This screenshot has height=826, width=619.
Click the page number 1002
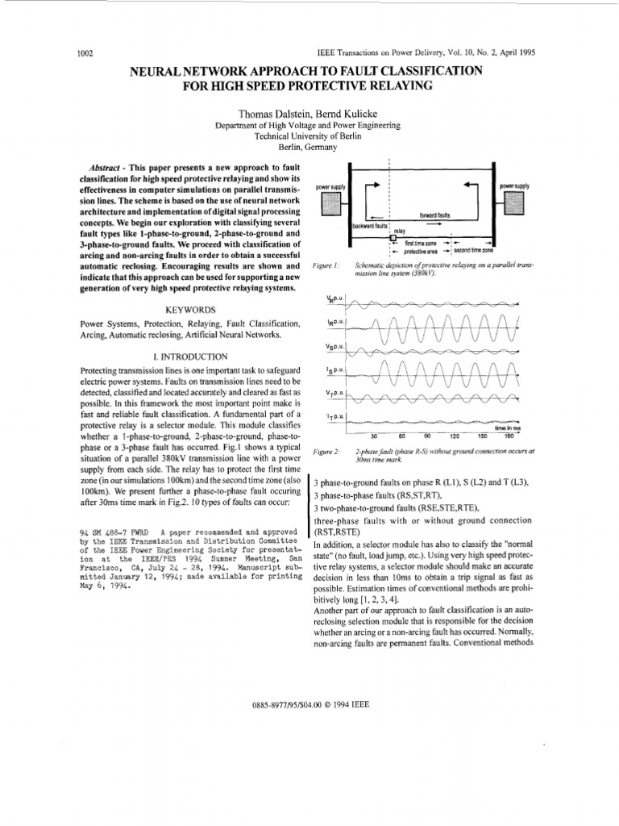(x=86, y=53)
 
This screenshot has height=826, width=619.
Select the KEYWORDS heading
(x=190, y=310)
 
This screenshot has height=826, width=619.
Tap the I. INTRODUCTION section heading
(x=190, y=356)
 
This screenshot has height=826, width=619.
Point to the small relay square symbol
(x=392, y=239)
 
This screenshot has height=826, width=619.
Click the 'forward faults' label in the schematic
(x=435, y=215)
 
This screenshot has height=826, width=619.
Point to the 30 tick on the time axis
(x=373, y=436)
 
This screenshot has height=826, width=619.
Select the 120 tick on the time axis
(x=455, y=436)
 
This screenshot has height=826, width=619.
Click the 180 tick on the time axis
(x=508, y=436)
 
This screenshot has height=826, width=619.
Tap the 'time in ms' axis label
(x=509, y=428)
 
